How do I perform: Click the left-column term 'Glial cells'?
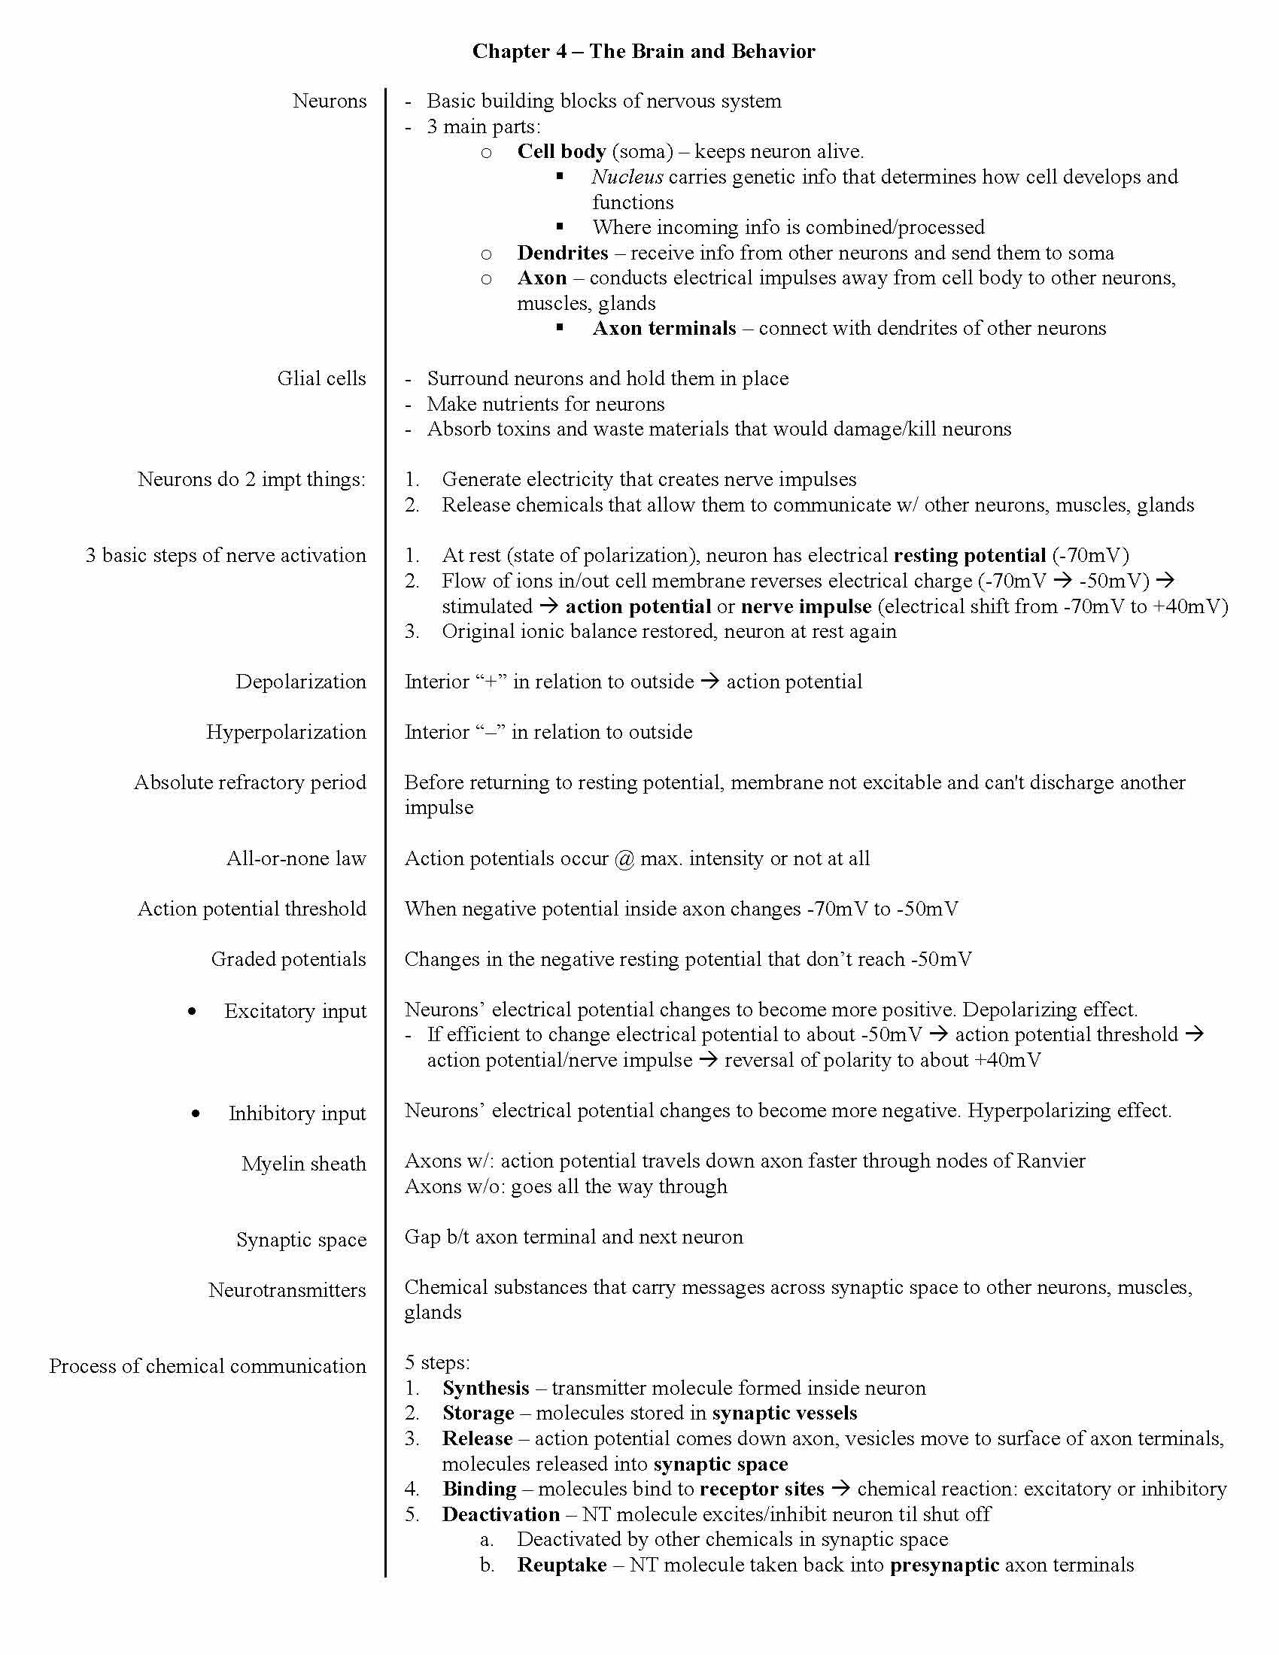click(321, 378)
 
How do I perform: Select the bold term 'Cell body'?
click(561, 151)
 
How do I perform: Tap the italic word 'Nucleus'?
click(627, 177)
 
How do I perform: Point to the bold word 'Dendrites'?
click(562, 252)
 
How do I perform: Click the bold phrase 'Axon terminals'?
click(664, 328)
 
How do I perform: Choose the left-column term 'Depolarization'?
click(301, 682)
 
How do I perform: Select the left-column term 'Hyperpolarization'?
click(286, 732)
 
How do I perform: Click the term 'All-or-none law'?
click(296, 858)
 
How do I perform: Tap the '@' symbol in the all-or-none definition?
click(625, 858)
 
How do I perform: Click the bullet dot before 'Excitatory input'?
click(193, 1012)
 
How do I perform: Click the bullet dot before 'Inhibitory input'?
click(196, 1114)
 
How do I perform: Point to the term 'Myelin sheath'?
click(304, 1163)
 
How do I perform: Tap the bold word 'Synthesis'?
click(486, 1387)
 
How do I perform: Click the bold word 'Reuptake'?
click(561, 1565)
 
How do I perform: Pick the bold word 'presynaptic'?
click(944, 1565)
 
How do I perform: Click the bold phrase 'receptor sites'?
click(761, 1489)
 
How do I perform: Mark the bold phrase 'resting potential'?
click(969, 555)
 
